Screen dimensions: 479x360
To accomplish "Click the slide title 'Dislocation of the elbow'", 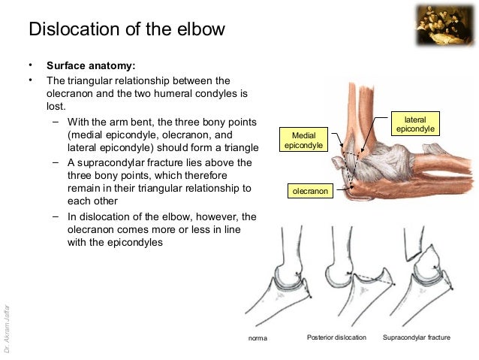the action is [x=127, y=29].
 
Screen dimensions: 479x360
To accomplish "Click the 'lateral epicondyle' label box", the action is [x=414, y=125].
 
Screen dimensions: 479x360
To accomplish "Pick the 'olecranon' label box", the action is [x=309, y=192].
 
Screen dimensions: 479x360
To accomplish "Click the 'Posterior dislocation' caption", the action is [x=337, y=337].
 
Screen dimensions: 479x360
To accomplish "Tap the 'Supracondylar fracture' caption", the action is [x=417, y=337].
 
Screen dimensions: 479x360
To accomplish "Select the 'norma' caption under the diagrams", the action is [x=257, y=338].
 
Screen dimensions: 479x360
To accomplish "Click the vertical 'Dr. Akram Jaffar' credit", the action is [x=7, y=327].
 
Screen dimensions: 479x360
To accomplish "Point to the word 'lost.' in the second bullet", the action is [x=57, y=107].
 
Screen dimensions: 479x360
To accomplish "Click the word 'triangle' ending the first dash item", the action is [x=239, y=148].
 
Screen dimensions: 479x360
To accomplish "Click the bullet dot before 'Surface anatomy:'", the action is [x=31, y=65].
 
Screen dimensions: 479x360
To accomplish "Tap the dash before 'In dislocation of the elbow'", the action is [x=56, y=216].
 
